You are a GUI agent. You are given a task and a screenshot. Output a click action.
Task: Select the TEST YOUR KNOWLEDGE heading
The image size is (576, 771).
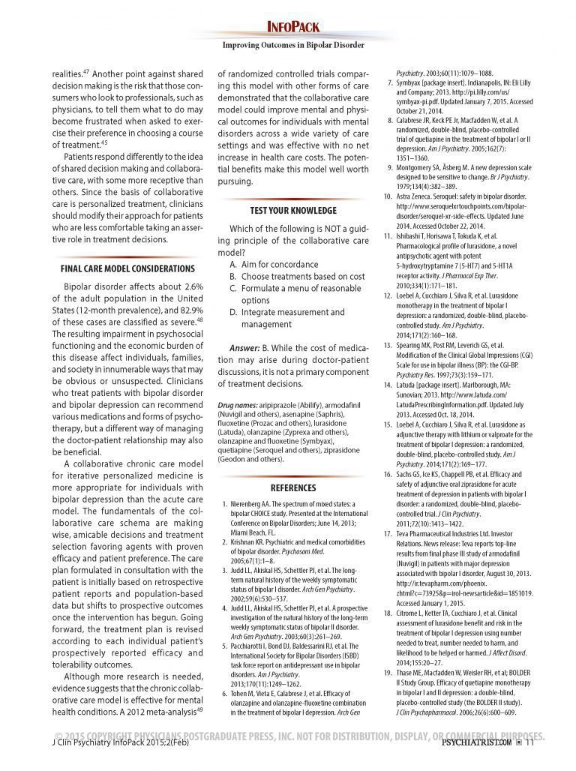293,211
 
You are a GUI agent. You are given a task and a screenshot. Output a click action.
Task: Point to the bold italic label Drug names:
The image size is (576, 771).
241,405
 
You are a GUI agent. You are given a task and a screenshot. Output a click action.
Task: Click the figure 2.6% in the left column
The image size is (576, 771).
193,286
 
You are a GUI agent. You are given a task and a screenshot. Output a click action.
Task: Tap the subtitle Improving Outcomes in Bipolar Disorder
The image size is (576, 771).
293,45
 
